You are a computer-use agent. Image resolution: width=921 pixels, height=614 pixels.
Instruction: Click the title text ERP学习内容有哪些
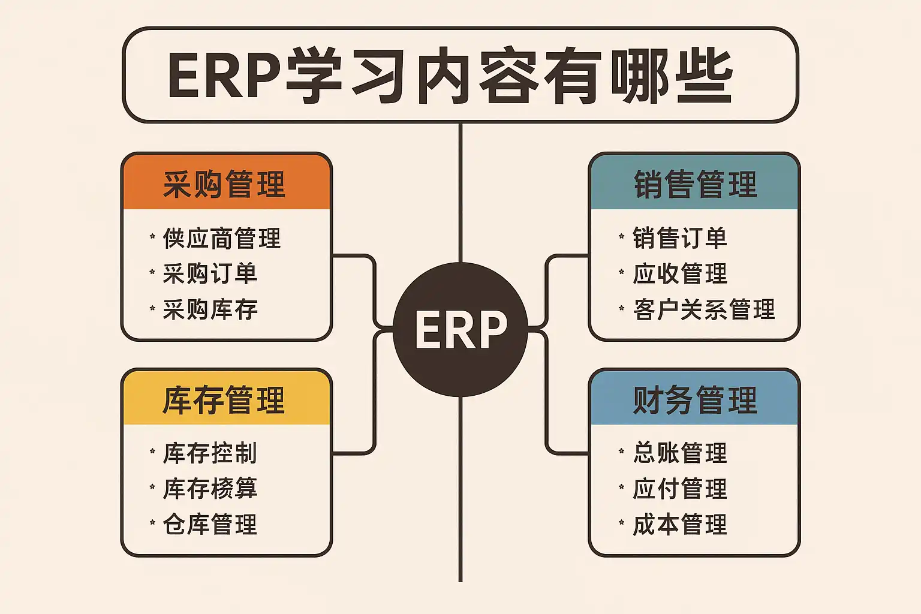click(x=450, y=76)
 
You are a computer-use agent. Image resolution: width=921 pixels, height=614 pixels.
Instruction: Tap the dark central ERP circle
click(x=460, y=329)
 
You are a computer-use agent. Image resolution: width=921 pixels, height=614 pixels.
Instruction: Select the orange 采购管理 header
click(x=226, y=183)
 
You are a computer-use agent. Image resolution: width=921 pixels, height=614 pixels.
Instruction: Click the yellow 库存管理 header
click(x=226, y=399)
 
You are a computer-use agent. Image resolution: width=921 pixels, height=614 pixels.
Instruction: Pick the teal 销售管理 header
click(x=694, y=183)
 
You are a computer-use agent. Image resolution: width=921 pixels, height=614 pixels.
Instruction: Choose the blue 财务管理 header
click(x=694, y=399)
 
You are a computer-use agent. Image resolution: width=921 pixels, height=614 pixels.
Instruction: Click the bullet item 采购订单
click(x=210, y=274)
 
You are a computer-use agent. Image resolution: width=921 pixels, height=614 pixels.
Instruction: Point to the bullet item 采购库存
click(x=210, y=309)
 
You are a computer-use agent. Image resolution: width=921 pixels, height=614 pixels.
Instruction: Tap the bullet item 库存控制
click(x=210, y=453)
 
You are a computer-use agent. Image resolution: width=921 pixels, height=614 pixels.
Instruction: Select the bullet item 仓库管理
click(x=210, y=525)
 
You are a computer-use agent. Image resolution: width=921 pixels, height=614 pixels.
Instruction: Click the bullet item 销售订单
click(x=680, y=238)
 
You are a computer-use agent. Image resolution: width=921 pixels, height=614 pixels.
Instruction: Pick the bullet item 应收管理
click(x=680, y=274)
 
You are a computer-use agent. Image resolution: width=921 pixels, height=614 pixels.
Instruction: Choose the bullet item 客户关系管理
click(x=704, y=309)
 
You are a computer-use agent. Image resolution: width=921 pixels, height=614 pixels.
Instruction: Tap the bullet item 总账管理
click(x=680, y=453)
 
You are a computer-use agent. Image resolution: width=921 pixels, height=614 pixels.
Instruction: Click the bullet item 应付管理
click(x=680, y=489)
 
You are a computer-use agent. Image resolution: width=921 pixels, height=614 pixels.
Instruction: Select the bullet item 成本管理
click(x=680, y=525)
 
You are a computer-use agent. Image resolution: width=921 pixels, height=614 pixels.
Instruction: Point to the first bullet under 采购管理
click(x=222, y=238)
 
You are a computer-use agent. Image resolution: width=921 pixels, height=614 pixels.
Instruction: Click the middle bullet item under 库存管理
click(x=210, y=489)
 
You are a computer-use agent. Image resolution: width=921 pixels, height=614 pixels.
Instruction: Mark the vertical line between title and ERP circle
click(x=460, y=192)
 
